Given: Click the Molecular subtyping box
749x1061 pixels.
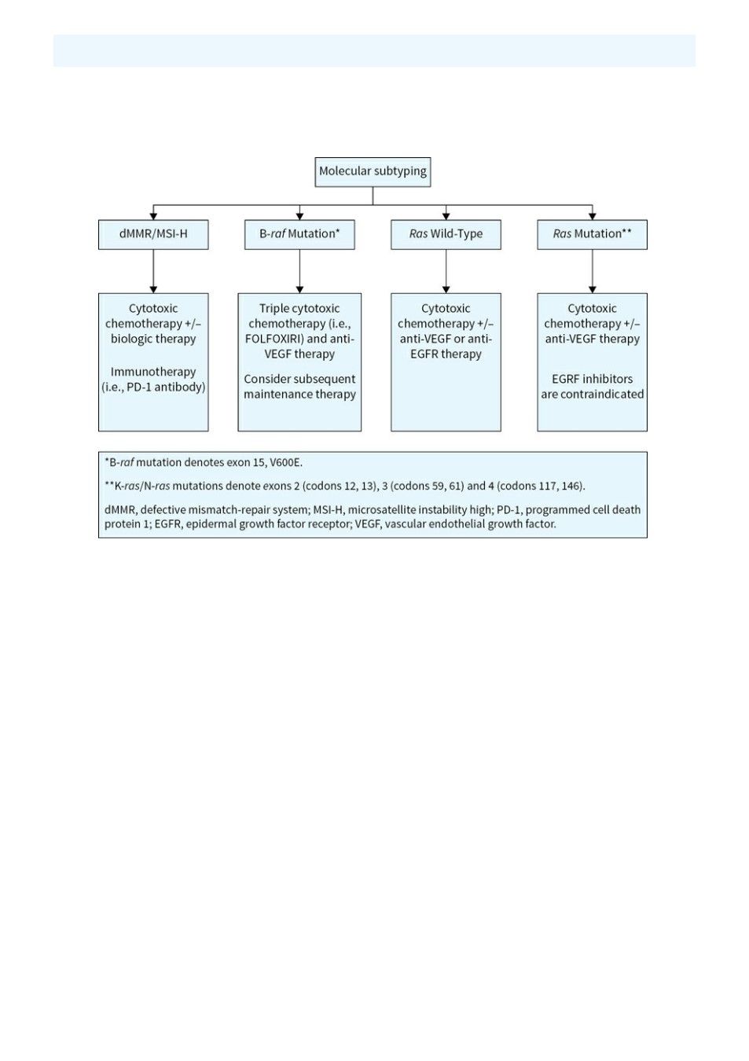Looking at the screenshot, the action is (x=373, y=172).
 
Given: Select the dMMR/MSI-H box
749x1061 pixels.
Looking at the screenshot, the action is (x=153, y=234).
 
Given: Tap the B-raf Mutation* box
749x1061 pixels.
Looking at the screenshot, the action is (x=299, y=234).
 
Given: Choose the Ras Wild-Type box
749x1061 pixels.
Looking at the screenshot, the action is (x=446, y=234).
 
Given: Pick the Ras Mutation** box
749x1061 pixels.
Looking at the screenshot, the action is (x=592, y=234).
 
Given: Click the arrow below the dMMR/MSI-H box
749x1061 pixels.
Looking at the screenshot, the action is (x=153, y=271).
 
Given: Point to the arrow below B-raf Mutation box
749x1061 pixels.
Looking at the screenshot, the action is (x=299, y=271).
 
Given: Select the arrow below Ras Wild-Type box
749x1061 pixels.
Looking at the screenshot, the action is (x=446, y=271).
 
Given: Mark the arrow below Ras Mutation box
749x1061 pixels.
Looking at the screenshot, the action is (x=592, y=271).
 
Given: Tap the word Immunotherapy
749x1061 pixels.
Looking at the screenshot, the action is (x=153, y=372).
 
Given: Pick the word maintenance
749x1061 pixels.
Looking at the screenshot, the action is (x=276, y=394).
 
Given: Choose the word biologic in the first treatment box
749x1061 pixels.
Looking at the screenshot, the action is (x=130, y=340).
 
